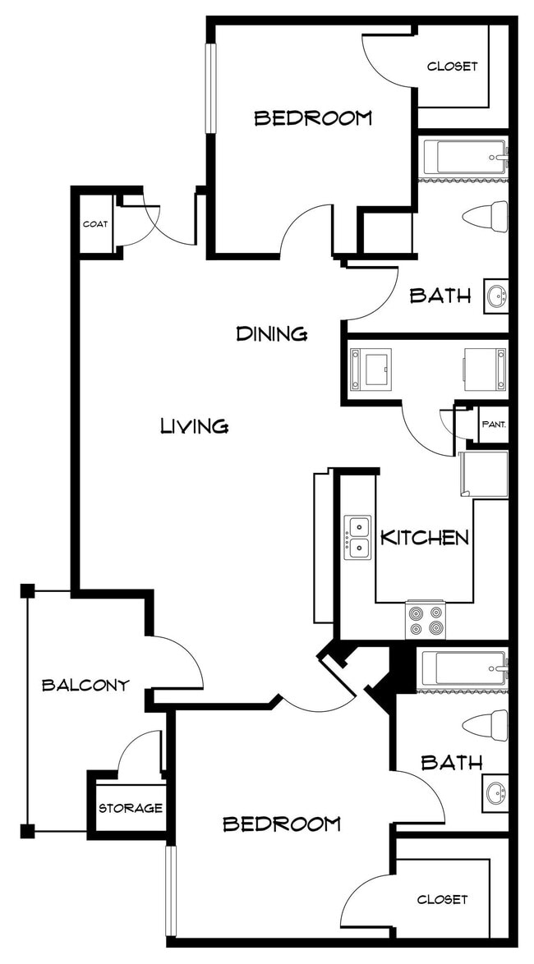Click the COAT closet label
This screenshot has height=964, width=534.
pos(94,224)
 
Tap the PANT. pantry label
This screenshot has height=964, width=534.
pos(494,424)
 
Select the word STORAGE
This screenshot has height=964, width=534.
pos(131,808)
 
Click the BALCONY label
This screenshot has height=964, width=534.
pos(85,685)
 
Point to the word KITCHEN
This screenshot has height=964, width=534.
pos(425,538)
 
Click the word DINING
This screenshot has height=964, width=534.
pos(272,334)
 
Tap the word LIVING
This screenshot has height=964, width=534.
pos(195,425)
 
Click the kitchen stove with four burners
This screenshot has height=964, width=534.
pos(425,620)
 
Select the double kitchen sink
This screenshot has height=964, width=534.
pos(357,538)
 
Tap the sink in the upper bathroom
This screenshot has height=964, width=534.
pos(496,297)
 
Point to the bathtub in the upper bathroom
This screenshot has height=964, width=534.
pos(464,158)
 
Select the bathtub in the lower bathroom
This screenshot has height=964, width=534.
pos(464,668)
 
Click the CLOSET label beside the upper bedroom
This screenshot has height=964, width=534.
pos(452,67)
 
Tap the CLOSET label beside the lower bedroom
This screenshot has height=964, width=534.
pos(442,899)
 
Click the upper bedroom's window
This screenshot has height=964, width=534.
pos(211,88)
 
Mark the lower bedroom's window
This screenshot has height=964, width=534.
pos(171,891)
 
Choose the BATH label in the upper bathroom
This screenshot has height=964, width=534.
pos(440,296)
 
